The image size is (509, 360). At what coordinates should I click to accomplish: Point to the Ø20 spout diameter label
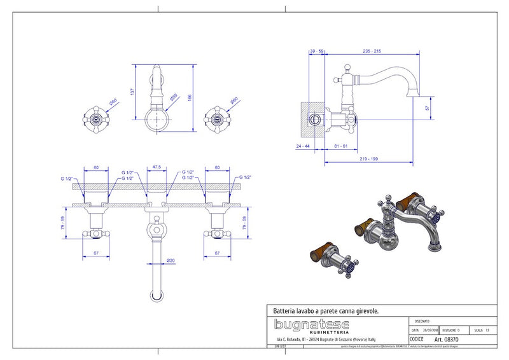pyautogui.click(x=171, y=261)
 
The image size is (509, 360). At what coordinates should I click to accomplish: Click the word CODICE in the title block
pyautogui.click(x=418, y=340)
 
